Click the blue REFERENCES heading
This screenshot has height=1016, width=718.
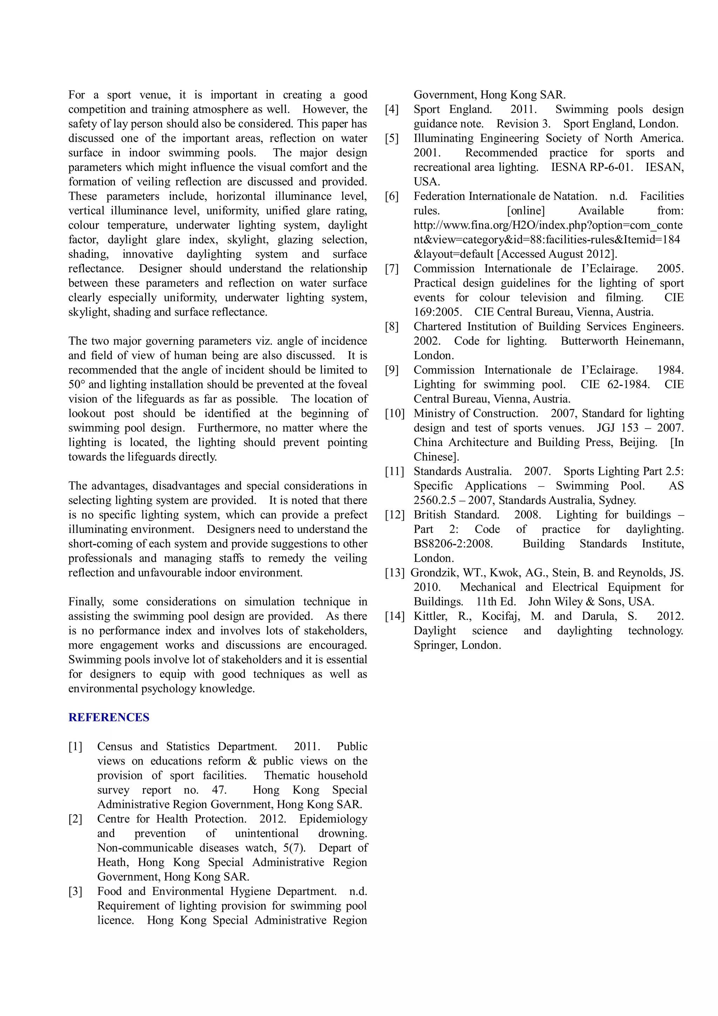(x=109, y=717)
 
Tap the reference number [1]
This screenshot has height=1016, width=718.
(x=75, y=747)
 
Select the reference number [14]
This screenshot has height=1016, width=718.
(x=395, y=617)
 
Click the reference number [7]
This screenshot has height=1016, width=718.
(x=392, y=269)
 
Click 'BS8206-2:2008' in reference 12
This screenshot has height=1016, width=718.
(x=453, y=544)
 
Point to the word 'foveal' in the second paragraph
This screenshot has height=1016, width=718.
(x=352, y=384)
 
